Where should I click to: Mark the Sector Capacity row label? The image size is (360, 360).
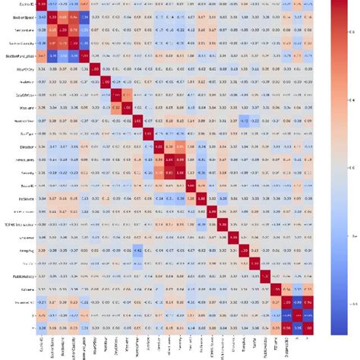click(19, 43)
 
